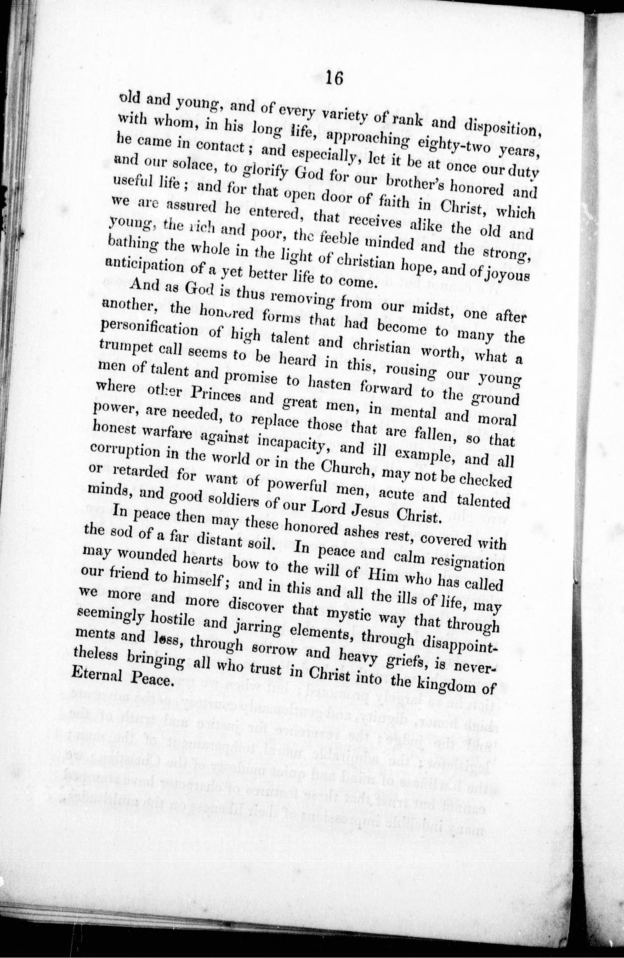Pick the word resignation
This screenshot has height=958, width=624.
pos(466,562)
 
